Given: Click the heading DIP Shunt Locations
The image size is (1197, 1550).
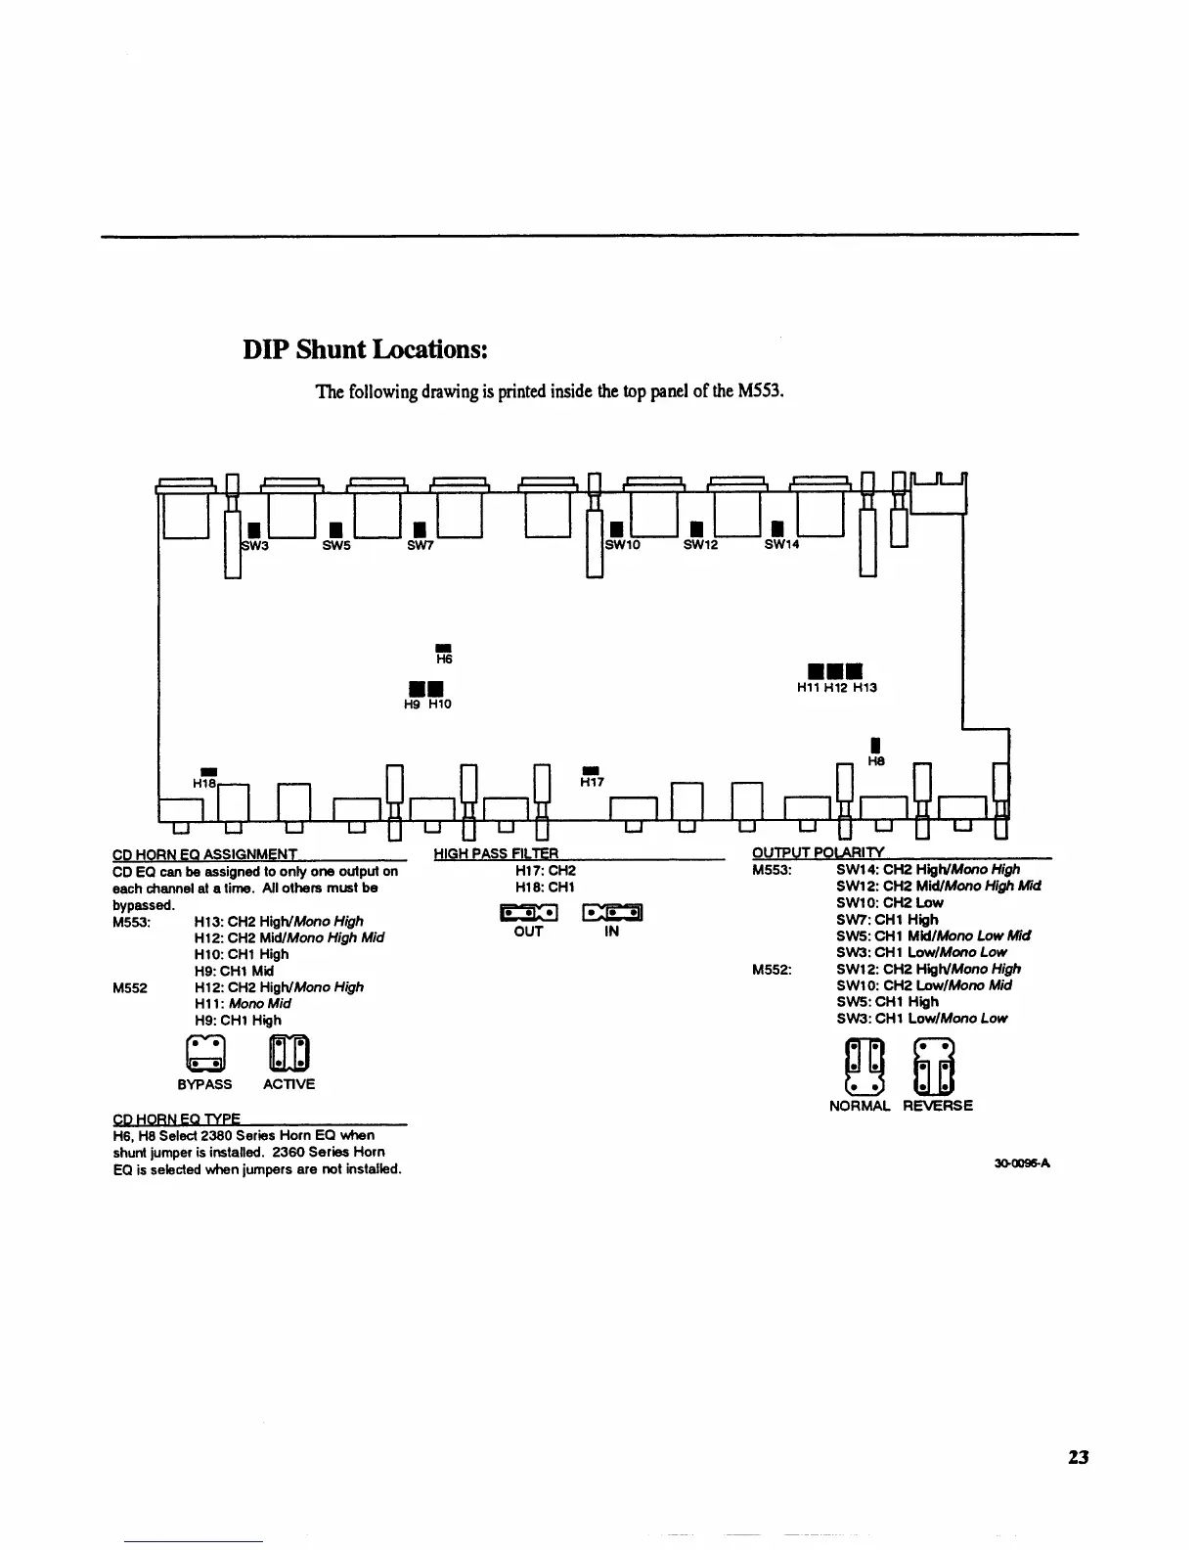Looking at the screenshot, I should tap(365, 350).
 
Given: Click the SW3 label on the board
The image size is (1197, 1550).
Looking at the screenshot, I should tap(255, 545).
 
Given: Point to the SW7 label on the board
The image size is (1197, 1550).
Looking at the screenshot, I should tap(420, 545).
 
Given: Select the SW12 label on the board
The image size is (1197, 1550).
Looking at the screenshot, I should tap(700, 545).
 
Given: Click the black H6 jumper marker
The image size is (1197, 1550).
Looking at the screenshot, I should tap(442, 647).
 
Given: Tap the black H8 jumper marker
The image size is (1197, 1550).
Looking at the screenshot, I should tap(876, 747).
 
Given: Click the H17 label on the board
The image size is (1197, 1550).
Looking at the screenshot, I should tap(592, 782).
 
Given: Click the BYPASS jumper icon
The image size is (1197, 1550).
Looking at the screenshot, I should tap(205, 1053).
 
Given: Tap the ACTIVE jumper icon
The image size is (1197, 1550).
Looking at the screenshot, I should tap(289, 1053).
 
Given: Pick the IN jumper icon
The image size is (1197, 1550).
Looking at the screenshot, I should tap(612, 913).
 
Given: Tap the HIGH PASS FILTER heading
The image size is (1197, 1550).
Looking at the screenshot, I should tap(496, 854).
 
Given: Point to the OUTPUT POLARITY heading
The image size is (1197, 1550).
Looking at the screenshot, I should tap(818, 854).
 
